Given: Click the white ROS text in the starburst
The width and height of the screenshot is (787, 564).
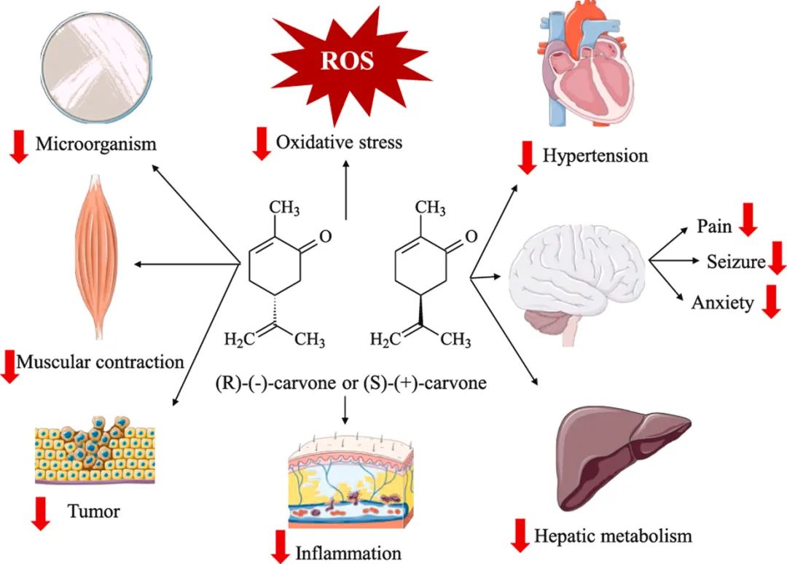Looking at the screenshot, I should pyautogui.click(x=348, y=60).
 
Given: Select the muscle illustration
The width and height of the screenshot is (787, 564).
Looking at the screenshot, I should pyautogui.click(x=96, y=259).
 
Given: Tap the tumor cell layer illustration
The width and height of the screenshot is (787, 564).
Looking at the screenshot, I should pyautogui.click(x=95, y=451).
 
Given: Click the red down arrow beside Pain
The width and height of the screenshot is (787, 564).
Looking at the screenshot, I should pyautogui.click(x=747, y=220).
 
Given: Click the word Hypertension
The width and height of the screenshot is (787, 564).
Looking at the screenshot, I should pyautogui.click(x=595, y=155).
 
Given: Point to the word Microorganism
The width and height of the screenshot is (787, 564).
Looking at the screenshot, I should pyautogui.click(x=95, y=144).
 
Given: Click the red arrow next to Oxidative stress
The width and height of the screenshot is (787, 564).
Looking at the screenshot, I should pyautogui.click(x=259, y=143).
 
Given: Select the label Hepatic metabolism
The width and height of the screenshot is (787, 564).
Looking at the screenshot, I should pyautogui.click(x=613, y=536).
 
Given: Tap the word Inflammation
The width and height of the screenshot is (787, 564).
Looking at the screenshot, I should pyautogui.click(x=348, y=552).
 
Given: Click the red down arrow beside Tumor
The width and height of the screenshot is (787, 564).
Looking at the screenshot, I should pyautogui.click(x=41, y=513).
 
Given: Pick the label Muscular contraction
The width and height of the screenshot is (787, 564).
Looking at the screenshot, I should pyautogui.click(x=100, y=361).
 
